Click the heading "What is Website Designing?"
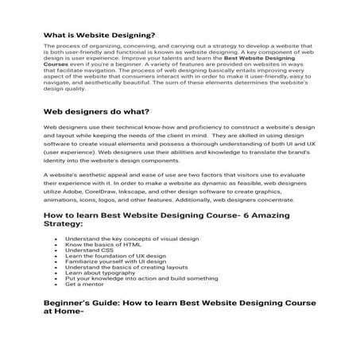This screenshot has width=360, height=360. coord(99,35)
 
